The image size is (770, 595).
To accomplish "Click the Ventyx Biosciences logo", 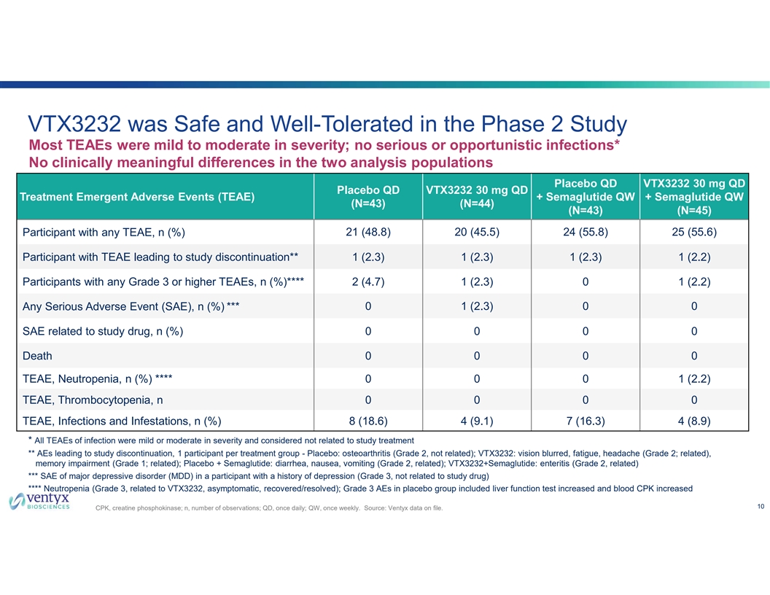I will click(39, 502).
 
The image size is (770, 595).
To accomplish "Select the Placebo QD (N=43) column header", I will click(367, 197).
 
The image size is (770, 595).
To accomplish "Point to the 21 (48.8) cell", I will click(367, 233).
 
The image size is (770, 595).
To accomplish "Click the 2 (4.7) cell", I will click(367, 282).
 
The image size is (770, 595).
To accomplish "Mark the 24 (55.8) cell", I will click(585, 233).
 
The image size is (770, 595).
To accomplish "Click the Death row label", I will click(38, 357).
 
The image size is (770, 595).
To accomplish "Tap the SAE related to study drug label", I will click(103, 332).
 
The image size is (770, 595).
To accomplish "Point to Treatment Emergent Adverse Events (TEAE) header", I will click(137, 197).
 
